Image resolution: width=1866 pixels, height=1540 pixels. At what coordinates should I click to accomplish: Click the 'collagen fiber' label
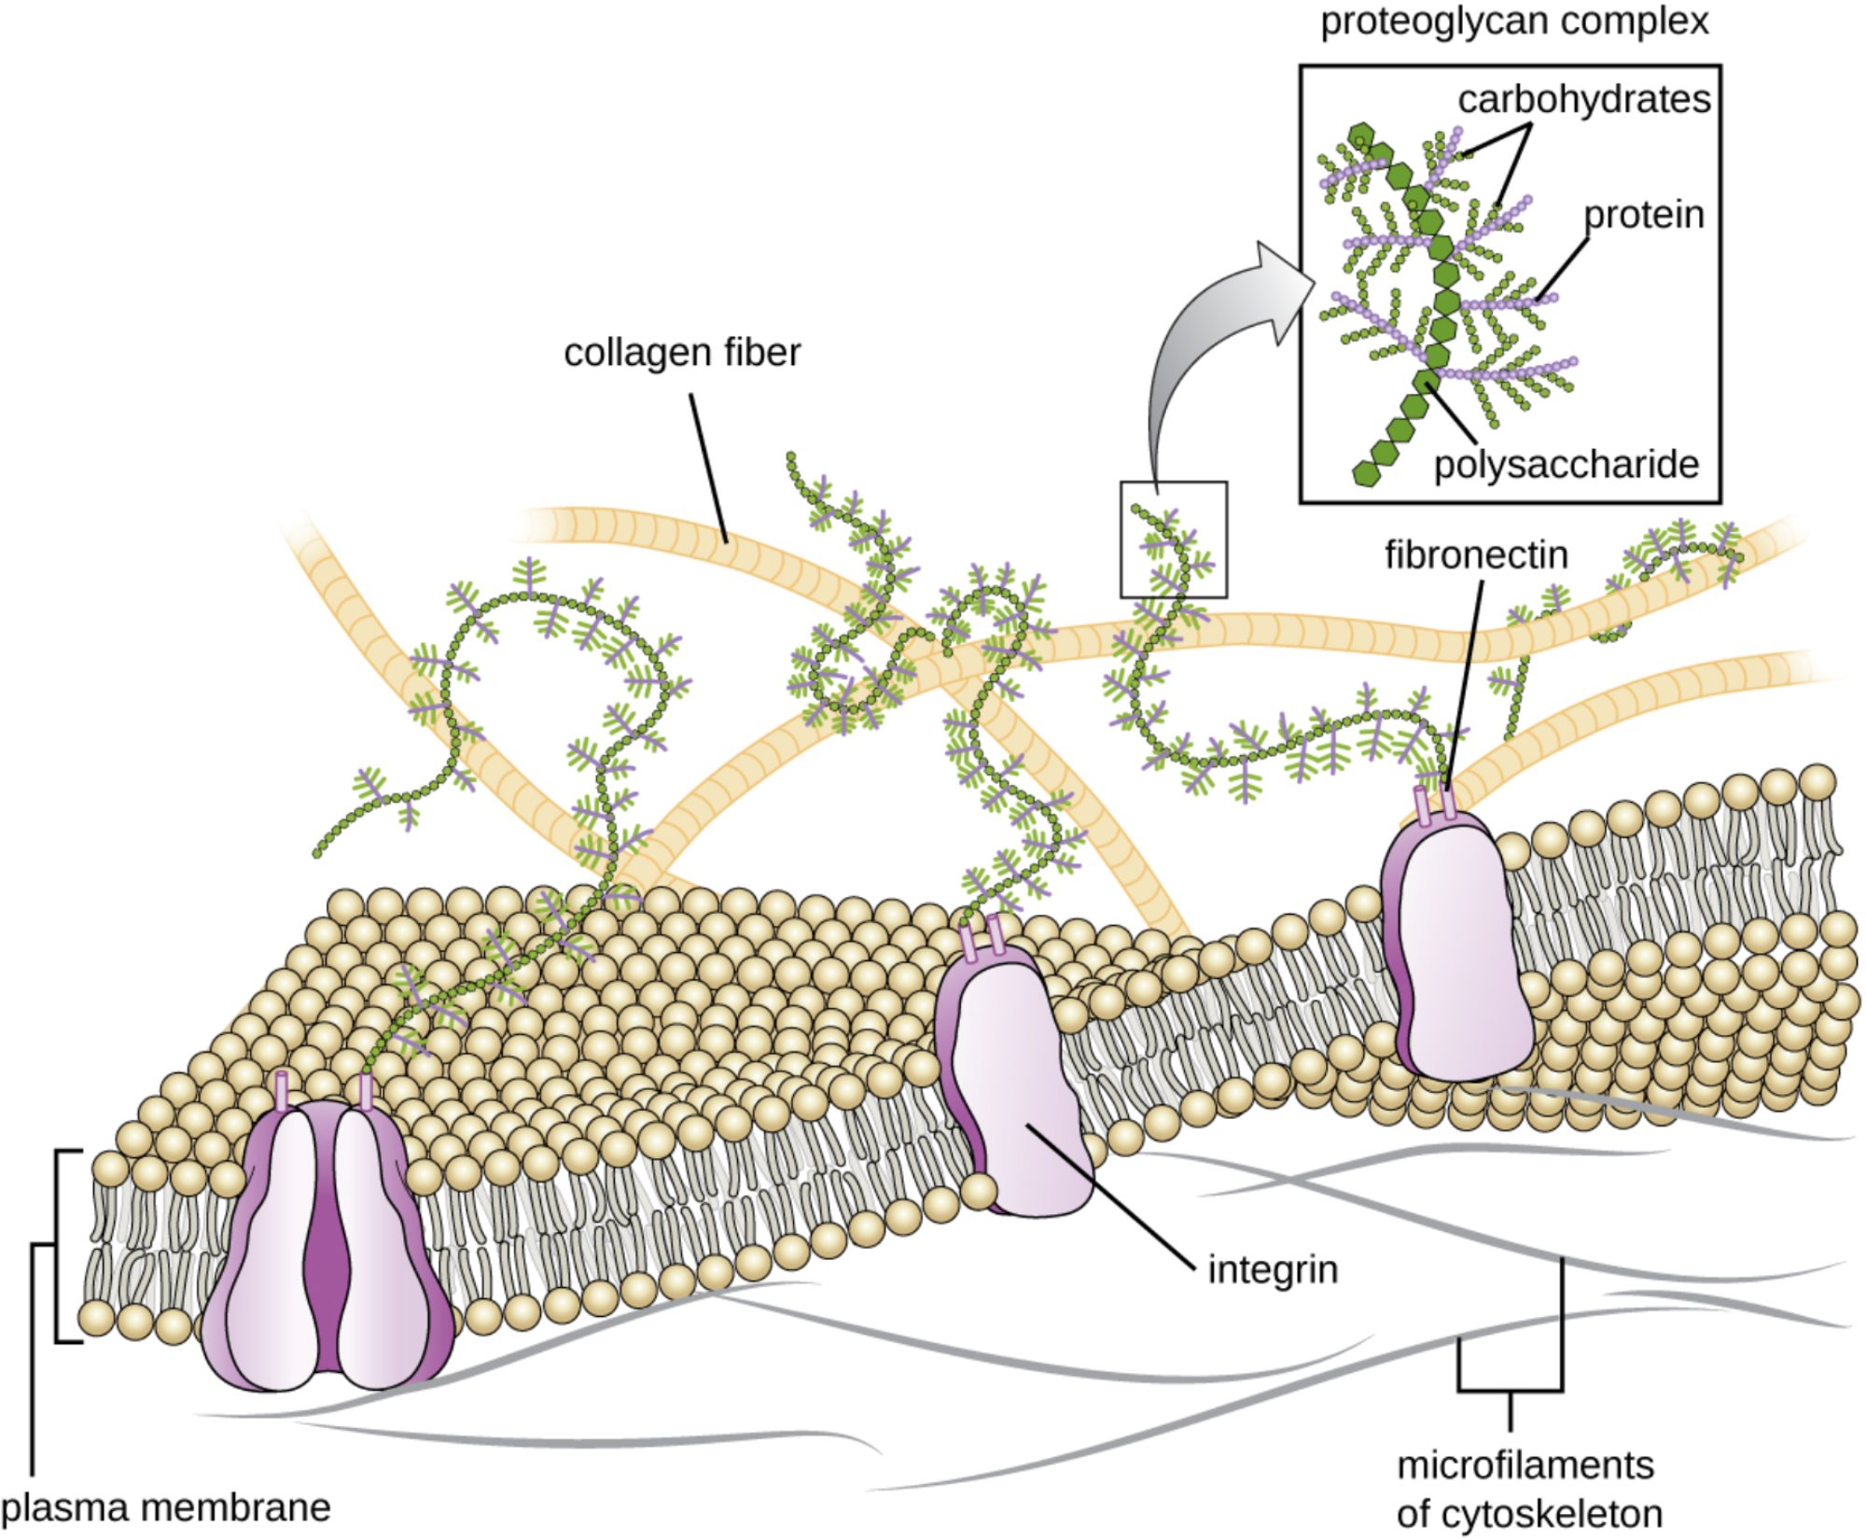point(682,353)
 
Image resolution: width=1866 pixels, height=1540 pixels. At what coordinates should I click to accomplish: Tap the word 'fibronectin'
point(1476,555)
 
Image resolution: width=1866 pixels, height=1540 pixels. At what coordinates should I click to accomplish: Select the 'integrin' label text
point(1273,1270)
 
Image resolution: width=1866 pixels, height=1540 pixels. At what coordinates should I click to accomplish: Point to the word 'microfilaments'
point(1525,1465)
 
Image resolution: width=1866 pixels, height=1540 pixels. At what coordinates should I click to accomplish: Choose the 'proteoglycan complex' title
point(1514,21)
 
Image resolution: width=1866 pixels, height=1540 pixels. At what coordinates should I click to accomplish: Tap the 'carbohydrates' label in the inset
point(1584,99)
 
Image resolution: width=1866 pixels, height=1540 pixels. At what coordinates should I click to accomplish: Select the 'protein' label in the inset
point(1644,216)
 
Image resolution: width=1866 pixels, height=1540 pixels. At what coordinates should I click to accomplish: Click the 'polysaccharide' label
point(1567,464)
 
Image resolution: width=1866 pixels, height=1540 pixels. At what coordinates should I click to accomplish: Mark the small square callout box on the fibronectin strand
point(1173,539)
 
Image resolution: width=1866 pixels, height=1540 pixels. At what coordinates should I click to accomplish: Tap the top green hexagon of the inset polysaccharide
point(1362,135)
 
